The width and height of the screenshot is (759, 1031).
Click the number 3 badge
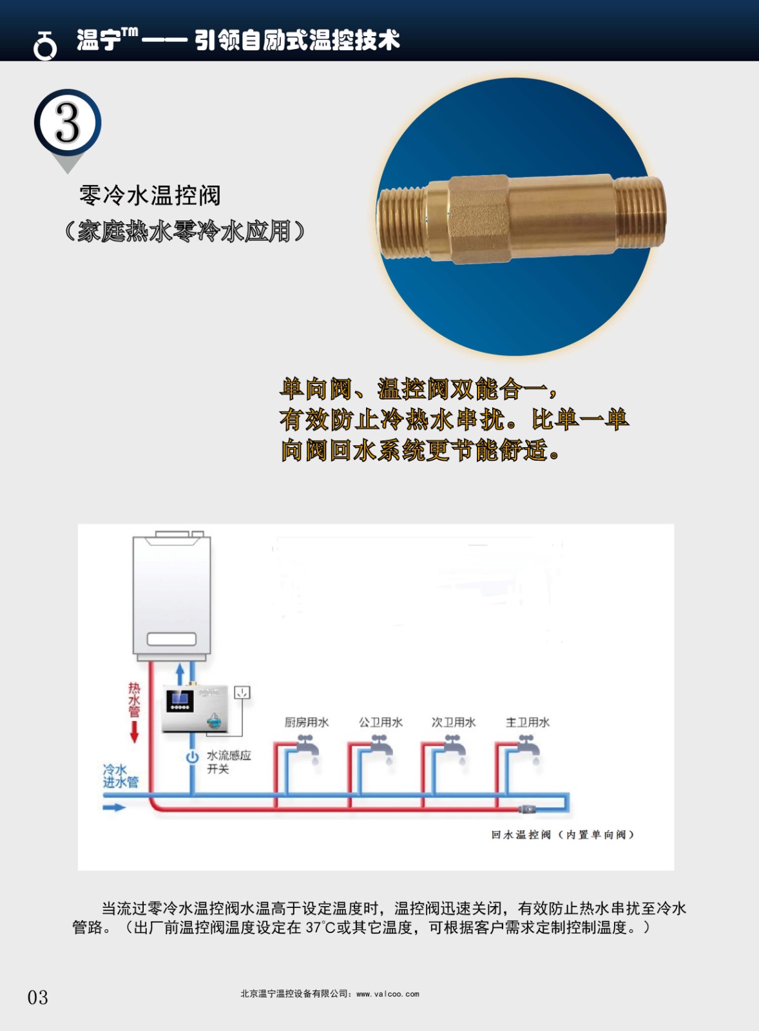68,122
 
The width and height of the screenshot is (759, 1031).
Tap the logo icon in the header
44,46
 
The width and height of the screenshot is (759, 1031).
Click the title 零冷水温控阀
150,195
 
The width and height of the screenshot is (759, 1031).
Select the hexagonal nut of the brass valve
479,219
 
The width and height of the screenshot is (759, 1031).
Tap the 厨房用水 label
307,722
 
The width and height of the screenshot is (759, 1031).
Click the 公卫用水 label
381,722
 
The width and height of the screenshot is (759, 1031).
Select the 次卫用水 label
454,722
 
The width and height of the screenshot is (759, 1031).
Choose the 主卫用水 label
528,722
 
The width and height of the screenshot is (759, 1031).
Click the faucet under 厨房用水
307,748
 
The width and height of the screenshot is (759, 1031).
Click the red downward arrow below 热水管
134,732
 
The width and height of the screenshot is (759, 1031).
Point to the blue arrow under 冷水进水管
114,807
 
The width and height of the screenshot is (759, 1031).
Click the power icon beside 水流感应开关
192,757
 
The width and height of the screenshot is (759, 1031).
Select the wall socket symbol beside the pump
242,693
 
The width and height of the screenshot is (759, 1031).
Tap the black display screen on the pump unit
180,700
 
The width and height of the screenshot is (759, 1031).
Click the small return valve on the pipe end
527,809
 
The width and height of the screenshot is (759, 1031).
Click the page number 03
37,997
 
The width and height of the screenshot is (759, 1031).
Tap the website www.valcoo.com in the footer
388,994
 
